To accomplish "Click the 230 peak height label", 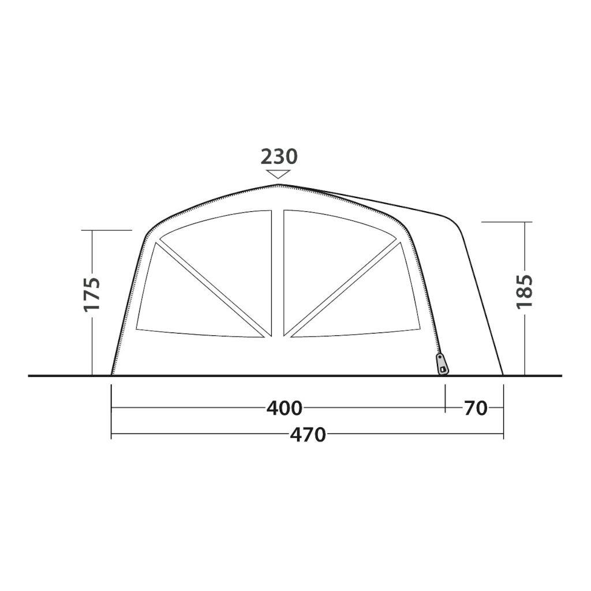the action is coord(279,157).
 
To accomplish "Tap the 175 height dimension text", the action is coord(92,294).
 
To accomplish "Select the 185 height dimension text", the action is coord(524,291).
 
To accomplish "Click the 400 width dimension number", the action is coord(285,408).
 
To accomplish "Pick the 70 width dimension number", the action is coord(476,408).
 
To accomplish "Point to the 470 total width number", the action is coord(308,435).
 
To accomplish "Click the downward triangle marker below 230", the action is coord(278,174).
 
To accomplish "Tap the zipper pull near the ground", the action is coord(442,364).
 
